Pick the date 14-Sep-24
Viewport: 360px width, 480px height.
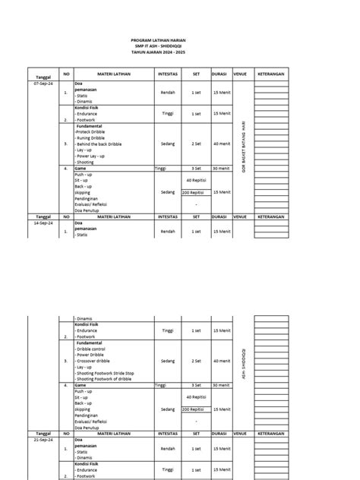[42, 223]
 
